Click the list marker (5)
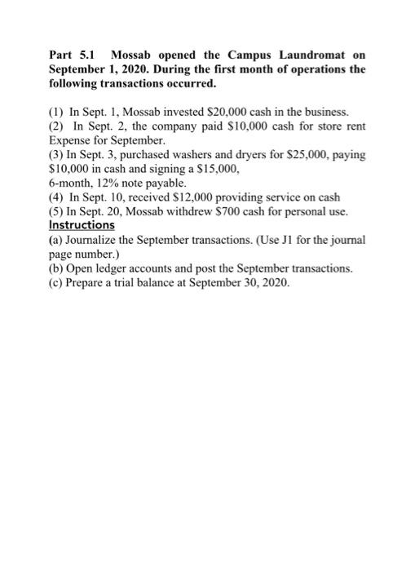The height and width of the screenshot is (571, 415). [x=56, y=215]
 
